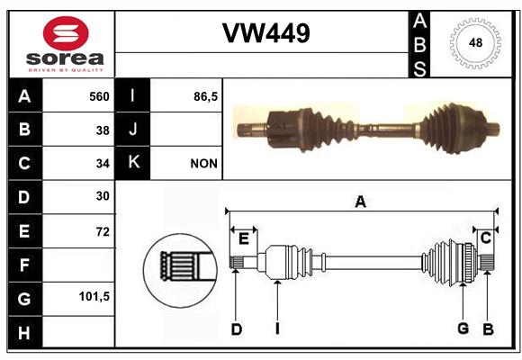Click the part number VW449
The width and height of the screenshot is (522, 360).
click(x=266, y=33)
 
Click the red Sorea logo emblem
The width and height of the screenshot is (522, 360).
click(x=66, y=33)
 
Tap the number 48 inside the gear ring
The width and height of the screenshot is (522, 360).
click(x=475, y=42)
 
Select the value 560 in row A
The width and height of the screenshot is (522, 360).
click(x=99, y=96)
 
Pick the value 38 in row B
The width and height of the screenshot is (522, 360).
click(x=103, y=130)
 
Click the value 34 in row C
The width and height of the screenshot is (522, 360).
click(x=103, y=164)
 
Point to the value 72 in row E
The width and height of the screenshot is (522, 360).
click(x=103, y=231)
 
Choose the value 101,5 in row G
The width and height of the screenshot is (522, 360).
click(x=94, y=296)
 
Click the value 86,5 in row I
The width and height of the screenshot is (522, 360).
click(x=205, y=96)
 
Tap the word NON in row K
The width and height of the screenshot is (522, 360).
click(x=203, y=164)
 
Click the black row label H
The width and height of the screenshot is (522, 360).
click(x=25, y=332)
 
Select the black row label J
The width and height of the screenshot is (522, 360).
click(x=132, y=130)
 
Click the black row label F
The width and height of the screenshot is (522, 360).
click(x=25, y=265)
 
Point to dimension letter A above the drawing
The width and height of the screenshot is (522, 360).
click(x=361, y=202)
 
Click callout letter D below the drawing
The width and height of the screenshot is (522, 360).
click(x=236, y=329)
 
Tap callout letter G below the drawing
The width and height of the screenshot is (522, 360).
click(x=463, y=328)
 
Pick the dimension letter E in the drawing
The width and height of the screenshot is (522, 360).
click(x=244, y=238)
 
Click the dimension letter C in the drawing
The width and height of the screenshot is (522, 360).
click(x=486, y=238)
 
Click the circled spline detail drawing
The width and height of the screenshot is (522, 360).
click(x=180, y=270)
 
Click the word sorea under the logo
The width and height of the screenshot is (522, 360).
click(x=65, y=58)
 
